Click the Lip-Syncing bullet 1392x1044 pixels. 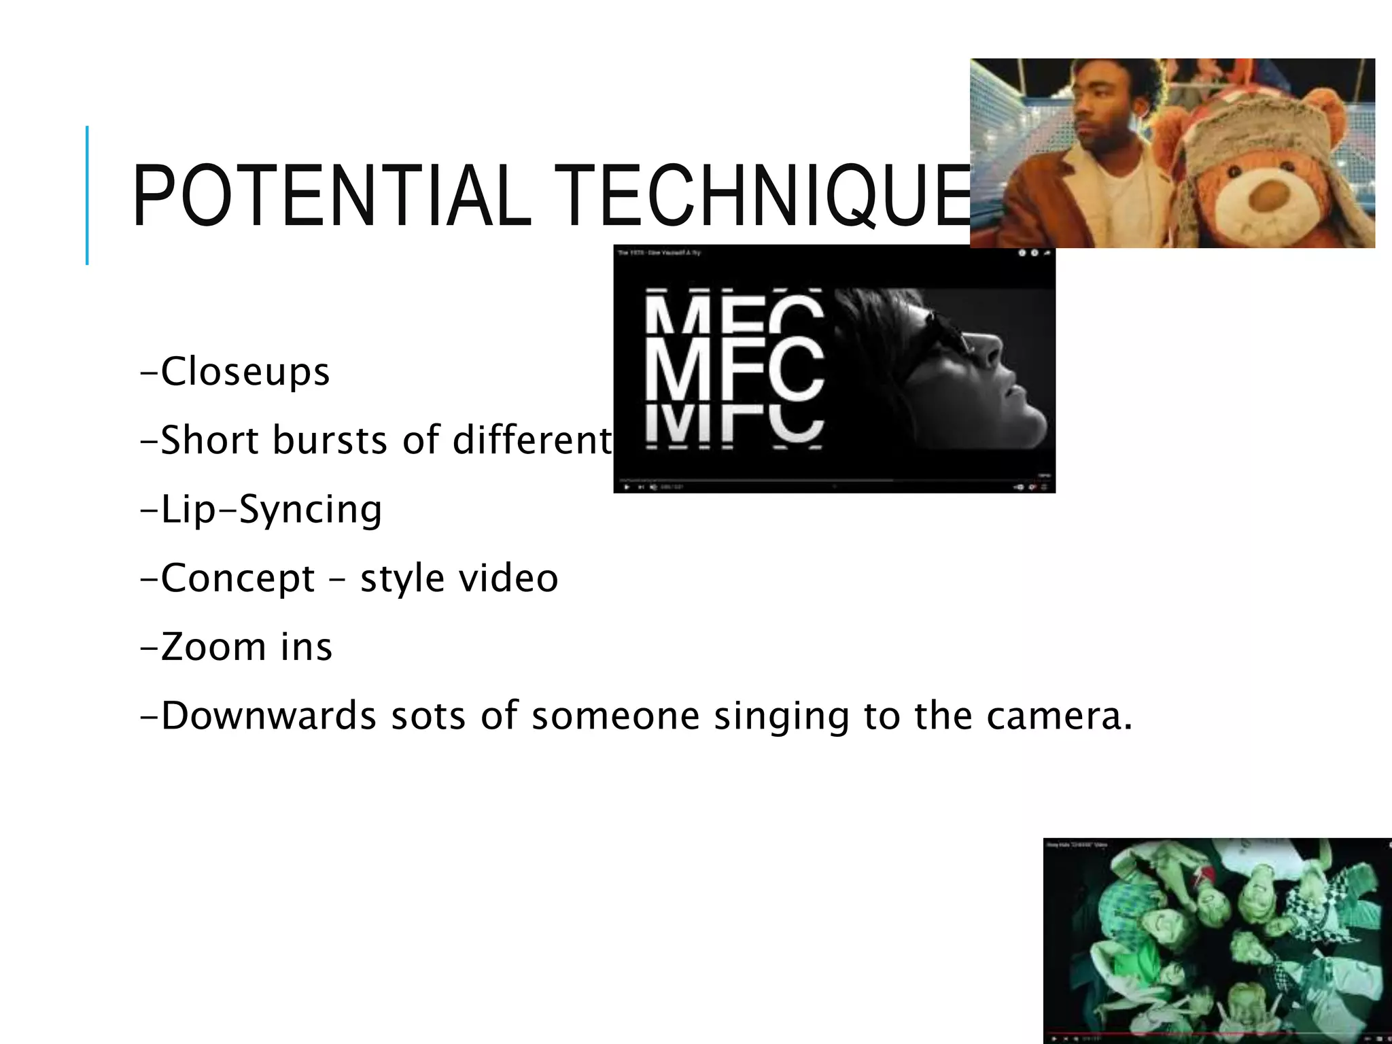click(x=261, y=509)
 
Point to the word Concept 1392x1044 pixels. click(x=238, y=578)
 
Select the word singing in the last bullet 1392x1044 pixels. click(x=781, y=717)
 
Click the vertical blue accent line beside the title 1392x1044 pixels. click(x=87, y=195)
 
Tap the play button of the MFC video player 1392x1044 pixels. click(x=626, y=487)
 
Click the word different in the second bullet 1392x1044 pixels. click(x=533, y=440)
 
